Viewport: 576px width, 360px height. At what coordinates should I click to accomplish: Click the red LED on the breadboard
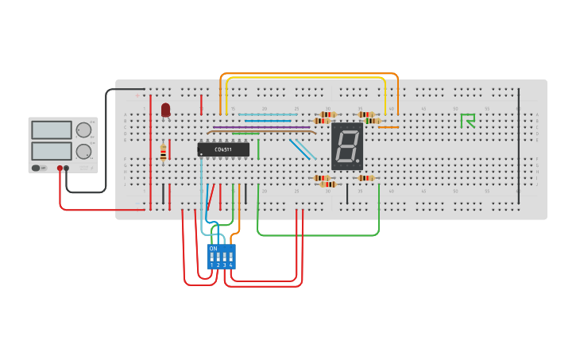click(x=165, y=110)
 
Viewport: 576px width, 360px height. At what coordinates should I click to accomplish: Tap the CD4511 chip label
click(x=223, y=149)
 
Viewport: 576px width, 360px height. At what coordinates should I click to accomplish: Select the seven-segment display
click(x=347, y=146)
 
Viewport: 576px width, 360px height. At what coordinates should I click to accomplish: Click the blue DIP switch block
click(x=222, y=256)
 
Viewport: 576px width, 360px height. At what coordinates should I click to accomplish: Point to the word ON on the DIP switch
click(x=213, y=249)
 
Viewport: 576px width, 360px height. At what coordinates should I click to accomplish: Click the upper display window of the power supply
click(x=52, y=130)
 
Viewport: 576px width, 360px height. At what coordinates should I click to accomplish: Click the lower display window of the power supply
click(x=52, y=150)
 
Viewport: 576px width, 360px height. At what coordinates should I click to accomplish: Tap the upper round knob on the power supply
click(x=83, y=130)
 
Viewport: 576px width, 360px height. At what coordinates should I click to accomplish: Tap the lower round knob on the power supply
click(x=83, y=150)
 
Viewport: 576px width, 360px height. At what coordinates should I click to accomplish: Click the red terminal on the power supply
click(x=60, y=168)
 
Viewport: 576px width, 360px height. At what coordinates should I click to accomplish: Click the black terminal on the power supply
click(x=67, y=168)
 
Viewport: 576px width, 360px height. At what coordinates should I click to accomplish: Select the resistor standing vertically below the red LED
click(x=164, y=152)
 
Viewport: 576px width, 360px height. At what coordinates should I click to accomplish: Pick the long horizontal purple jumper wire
click(x=261, y=127)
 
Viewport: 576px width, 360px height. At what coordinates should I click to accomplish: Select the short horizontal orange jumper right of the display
click(x=388, y=127)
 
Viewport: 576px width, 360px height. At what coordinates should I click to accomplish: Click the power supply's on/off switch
click(x=37, y=168)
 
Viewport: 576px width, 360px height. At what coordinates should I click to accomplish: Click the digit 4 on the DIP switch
click(x=231, y=265)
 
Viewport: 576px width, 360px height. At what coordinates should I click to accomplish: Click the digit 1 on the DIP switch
click(x=212, y=265)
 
